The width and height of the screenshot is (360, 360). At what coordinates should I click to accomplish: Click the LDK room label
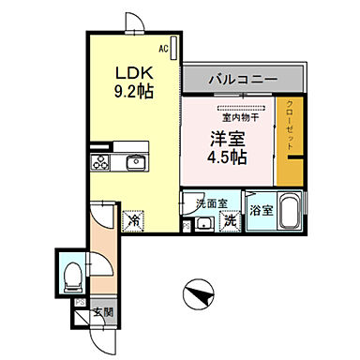(133, 73)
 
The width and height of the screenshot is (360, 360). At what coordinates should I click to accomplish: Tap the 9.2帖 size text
(133, 91)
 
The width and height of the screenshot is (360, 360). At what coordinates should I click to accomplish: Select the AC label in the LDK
(162, 47)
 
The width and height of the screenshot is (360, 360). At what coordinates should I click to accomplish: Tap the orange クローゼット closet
(291, 141)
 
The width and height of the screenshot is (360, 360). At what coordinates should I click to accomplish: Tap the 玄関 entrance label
(103, 312)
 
